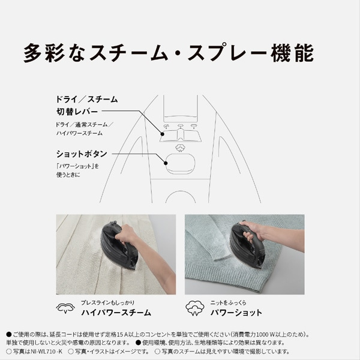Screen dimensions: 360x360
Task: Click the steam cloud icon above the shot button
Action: pyautogui.click(x=181, y=148)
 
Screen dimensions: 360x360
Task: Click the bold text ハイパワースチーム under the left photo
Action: pyautogui.click(x=116, y=313)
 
